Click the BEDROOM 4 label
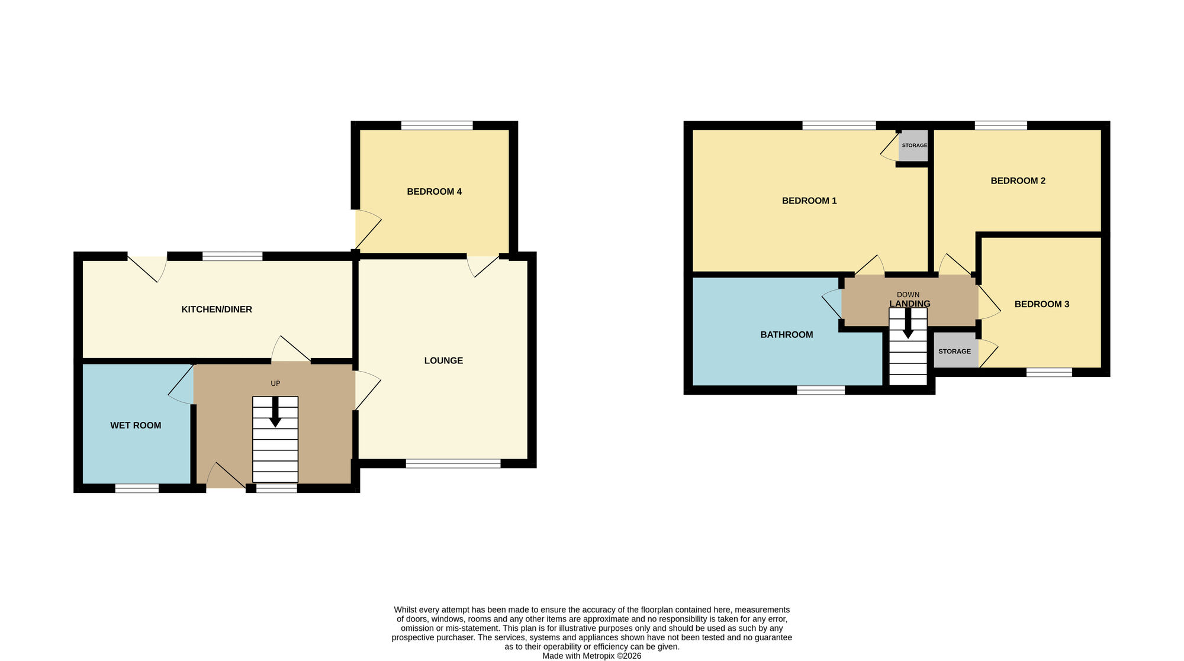click(x=434, y=192)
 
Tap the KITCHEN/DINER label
click(x=217, y=309)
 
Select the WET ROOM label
click(x=136, y=425)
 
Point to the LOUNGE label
click(x=443, y=360)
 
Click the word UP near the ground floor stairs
click(x=275, y=383)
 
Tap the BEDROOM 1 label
click(x=809, y=201)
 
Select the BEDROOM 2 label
click(x=1018, y=180)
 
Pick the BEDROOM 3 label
click(x=1041, y=304)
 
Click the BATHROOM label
click(x=786, y=335)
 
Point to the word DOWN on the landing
click(x=908, y=295)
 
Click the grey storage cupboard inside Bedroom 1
click(x=913, y=146)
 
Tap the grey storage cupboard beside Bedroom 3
click(x=954, y=351)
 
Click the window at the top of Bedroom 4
click(x=437, y=125)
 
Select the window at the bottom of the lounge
click(x=453, y=463)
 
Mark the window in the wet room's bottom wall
click(x=137, y=488)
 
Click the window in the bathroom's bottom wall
click(x=821, y=390)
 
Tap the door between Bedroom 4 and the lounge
click(x=482, y=265)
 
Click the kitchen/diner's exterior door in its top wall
click(x=147, y=267)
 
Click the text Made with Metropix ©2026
click(x=591, y=656)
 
